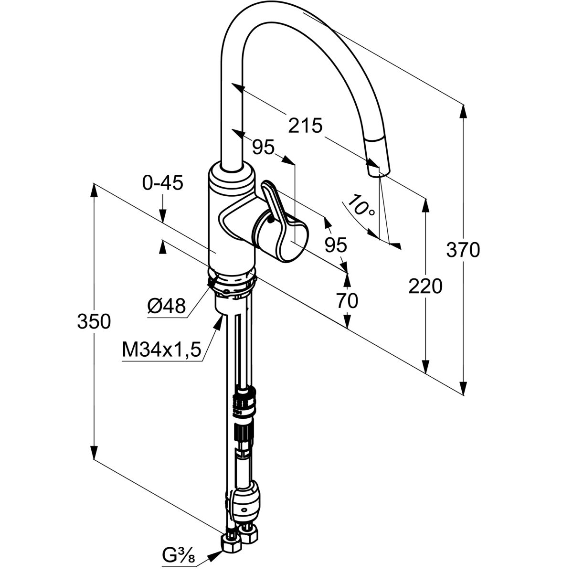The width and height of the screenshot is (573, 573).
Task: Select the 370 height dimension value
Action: [x=463, y=250]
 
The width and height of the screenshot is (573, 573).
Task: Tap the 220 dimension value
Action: [x=425, y=286]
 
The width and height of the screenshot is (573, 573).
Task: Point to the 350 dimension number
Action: [x=94, y=321]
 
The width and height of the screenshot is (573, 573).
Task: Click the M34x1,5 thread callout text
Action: [x=160, y=351]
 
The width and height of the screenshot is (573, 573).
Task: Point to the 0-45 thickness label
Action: [x=162, y=183]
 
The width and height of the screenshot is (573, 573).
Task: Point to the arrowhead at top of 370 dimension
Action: [x=463, y=110]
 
